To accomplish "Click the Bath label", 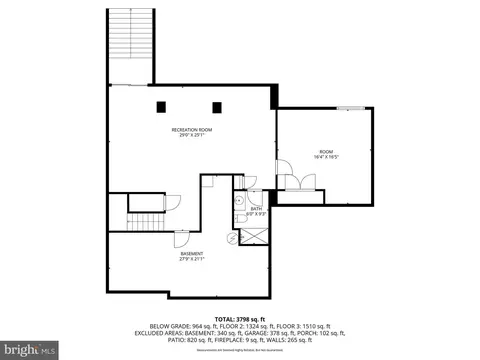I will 257,206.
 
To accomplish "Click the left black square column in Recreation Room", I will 161,106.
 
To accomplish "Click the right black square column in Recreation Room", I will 215,106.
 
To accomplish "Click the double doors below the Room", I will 297,181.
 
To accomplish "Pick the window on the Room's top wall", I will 350,107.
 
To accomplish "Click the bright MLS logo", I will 22,349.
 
